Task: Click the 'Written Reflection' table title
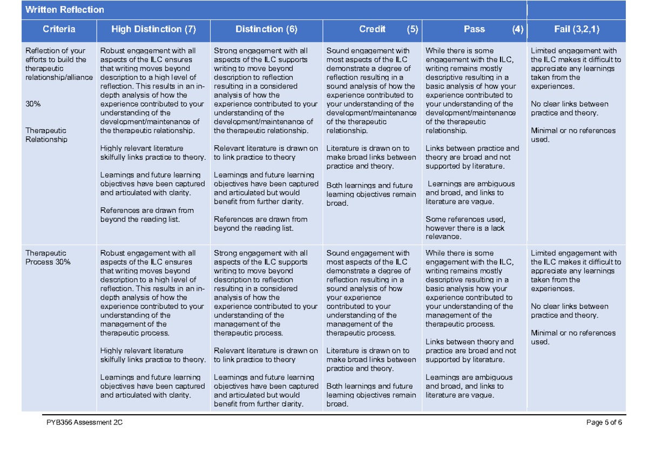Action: [x=65, y=10]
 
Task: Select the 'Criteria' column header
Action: [x=59, y=29]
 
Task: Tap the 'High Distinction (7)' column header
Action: [x=153, y=29]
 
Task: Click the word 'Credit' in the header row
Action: [x=372, y=29]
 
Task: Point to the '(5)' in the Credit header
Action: [x=413, y=29]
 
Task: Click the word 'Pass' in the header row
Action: [x=474, y=29]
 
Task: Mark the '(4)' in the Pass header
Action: [x=518, y=29]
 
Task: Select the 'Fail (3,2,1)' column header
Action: [x=577, y=29]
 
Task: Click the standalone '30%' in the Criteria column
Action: [x=33, y=104]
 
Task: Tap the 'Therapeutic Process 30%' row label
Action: [x=47, y=257]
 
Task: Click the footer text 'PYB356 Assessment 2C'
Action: [x=84, y=423]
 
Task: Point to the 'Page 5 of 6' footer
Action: [x=604, y=423]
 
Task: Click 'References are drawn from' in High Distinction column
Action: [x=147, y=210]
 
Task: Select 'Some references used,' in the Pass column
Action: [x=465, y=219]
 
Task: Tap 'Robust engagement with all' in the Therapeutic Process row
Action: [x=147, y=253]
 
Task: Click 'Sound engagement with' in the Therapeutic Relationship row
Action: [x=368, y=51]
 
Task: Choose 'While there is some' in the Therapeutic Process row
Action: [x=460, y=253]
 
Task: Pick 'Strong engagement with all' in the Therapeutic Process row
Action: [x=261, y=253]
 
